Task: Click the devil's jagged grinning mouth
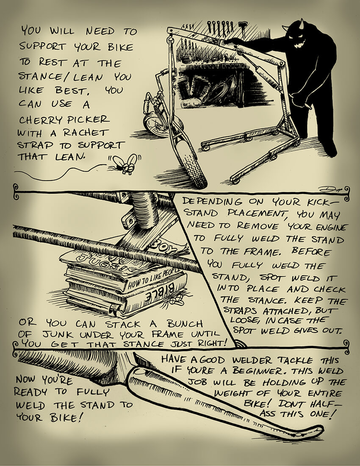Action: click(300, 44)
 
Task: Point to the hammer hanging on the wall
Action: click(243, 29)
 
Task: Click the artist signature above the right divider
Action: click(330, 189)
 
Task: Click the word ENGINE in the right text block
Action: click(334, 227)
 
